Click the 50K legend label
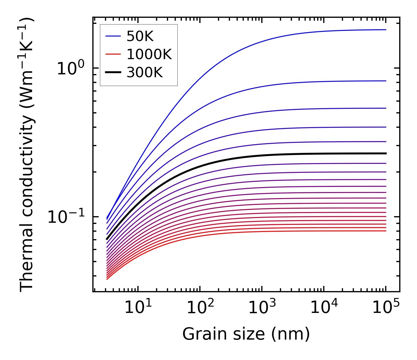point(140,36)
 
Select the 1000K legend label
point(149,54)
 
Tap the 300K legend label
point(145,73)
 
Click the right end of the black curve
point(386,153)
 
